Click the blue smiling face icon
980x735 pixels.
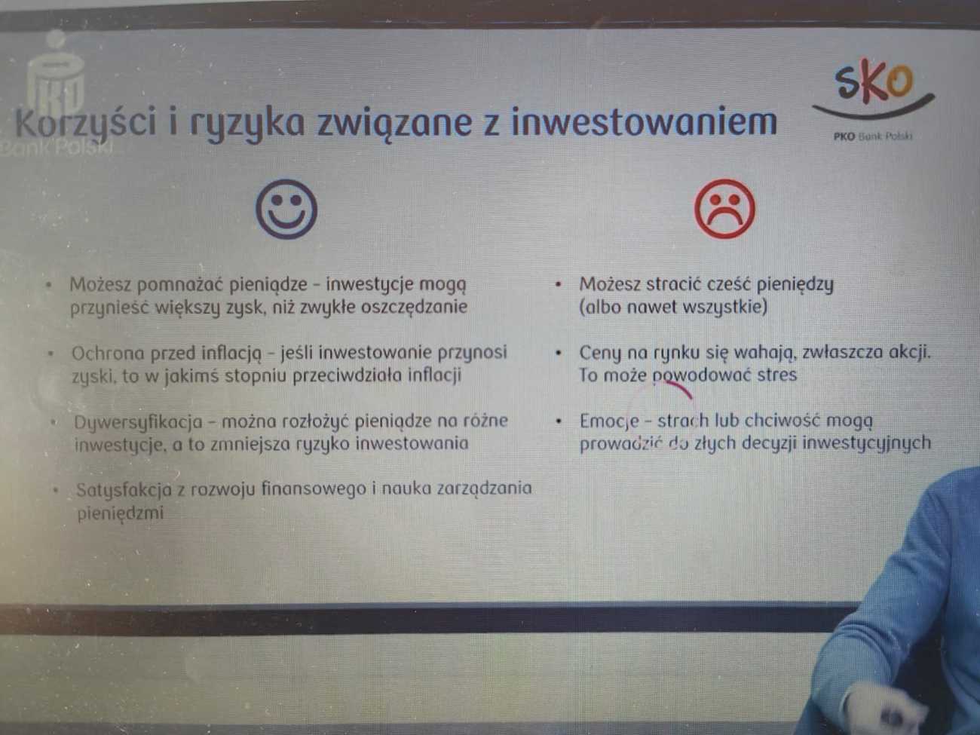(x=286, y=209)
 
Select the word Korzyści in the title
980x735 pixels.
(x=86, y=123)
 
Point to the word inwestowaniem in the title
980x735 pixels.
(x=644, y=121)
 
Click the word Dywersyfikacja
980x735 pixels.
(x=138, y=421)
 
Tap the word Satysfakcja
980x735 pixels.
(x=124, y=490)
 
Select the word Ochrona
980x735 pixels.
(x=108, y=353)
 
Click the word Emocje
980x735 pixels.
(x=609, y=421)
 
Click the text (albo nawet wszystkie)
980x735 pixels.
(x=673, y=308)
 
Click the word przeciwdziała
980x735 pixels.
(x=348, y=375)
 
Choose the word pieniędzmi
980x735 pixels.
(x=121, y=513)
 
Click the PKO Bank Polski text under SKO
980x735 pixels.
(x=873, y=136)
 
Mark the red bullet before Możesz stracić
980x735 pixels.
(x=558, y=284)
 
